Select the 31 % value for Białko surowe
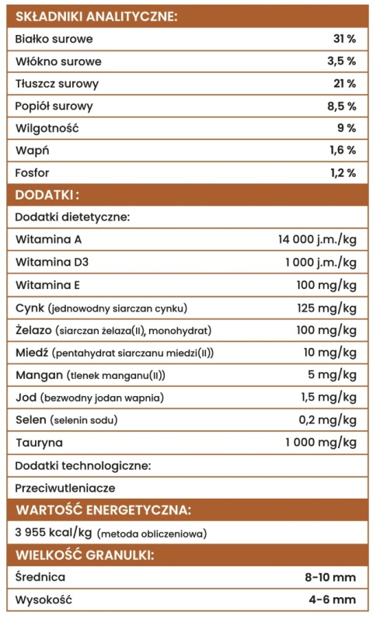coord(344,38)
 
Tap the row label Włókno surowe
coord(58,61)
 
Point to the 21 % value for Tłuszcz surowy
coord(344,83)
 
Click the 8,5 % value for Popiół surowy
coord(341,106)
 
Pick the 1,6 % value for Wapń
coord(341,151)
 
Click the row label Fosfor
coord(32,172)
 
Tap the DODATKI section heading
coord(47,194)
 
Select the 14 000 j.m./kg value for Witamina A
coord(317,239)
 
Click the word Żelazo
coord(32,330)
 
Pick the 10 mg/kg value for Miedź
coord(329,353)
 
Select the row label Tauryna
coord(39,443)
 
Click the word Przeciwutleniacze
coord(65,488)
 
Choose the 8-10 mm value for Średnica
coord(330,577)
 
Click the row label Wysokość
coord(45,600)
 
